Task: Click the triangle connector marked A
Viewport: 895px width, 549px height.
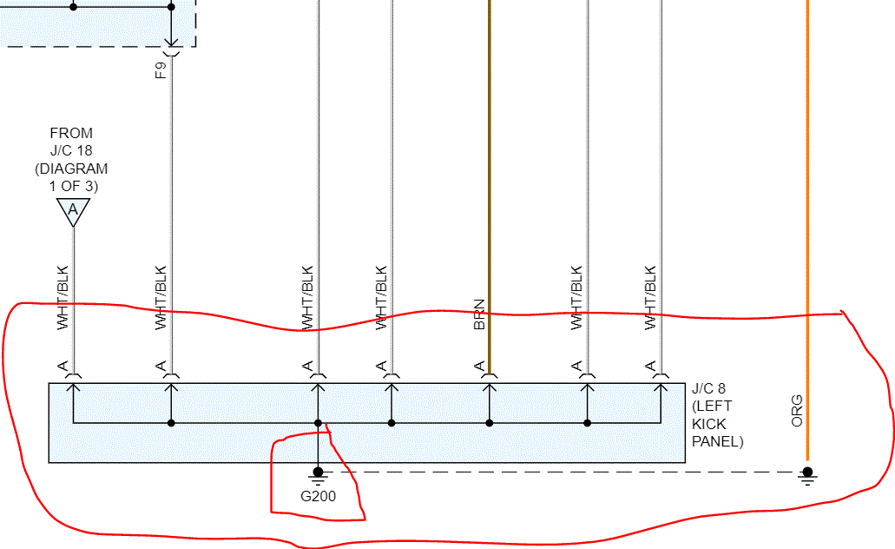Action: pos(73,210)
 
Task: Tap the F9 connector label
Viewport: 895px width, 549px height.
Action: pos(161,69)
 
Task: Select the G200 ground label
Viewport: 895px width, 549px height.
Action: pos(318,497)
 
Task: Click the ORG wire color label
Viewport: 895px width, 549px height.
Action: pos(796,410)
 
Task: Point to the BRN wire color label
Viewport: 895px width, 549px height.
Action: pos(479,314)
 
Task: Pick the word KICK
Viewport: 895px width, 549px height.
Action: pos(709,424)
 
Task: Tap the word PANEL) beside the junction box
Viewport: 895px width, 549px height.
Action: pos(718,441)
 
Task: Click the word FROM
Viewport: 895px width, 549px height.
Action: pos(71,133)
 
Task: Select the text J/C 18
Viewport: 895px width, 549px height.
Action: pos(71,150)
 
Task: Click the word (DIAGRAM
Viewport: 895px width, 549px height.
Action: pos(71,169)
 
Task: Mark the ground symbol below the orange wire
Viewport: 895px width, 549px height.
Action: pos(807,474)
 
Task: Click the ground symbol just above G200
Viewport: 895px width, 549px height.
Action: pos(318,474)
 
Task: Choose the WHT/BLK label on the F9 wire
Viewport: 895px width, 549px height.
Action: pos(160,297)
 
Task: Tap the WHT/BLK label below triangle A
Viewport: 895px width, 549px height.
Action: pos(62,297)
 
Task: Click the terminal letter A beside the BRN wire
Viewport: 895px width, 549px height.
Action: pos(479,367)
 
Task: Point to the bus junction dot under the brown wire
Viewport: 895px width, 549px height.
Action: pos(489,423)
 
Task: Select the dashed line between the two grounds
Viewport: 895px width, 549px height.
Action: pos(564,472)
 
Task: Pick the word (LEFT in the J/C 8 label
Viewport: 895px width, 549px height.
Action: pos(713,406)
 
